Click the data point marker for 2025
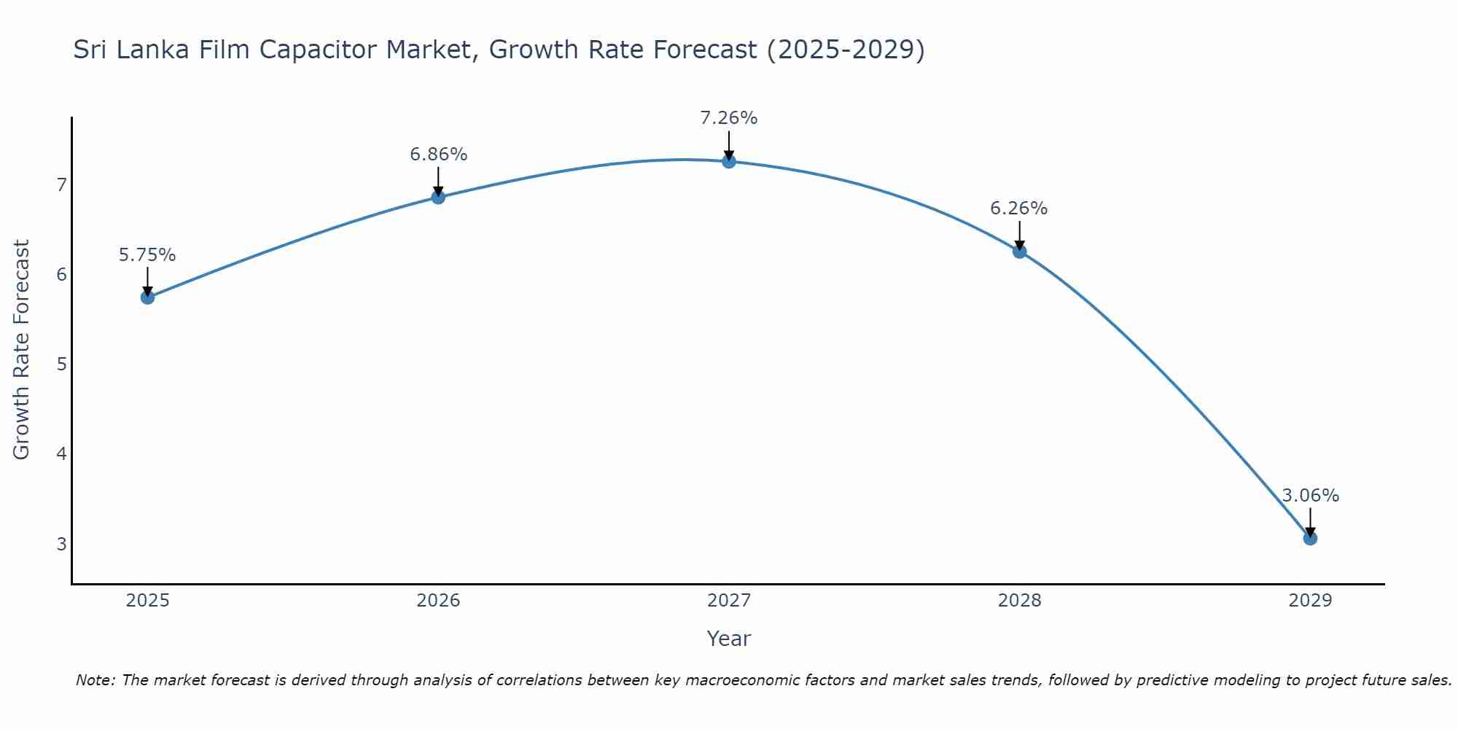coord(147,297)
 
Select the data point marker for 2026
coord(438,197)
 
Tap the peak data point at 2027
coord(729,161)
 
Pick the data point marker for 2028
coord(1019,252)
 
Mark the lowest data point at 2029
coord(1310,539)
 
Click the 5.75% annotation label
coord(147,255)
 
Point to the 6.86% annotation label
coord(438,155)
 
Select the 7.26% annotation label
coord(729,118)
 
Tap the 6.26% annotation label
coord(1018,208)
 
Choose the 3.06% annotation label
coord(1310,496)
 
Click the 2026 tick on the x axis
coord(438,601)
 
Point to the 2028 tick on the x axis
coord(1019,601)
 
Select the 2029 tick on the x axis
coord(1310,601)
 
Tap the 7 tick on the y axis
coord(62,184)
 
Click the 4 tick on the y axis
coord(62,454)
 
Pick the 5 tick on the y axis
coord(62,364)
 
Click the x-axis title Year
coord(728,639)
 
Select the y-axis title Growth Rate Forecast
coord(22,350)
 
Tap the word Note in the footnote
coord(95,680)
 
